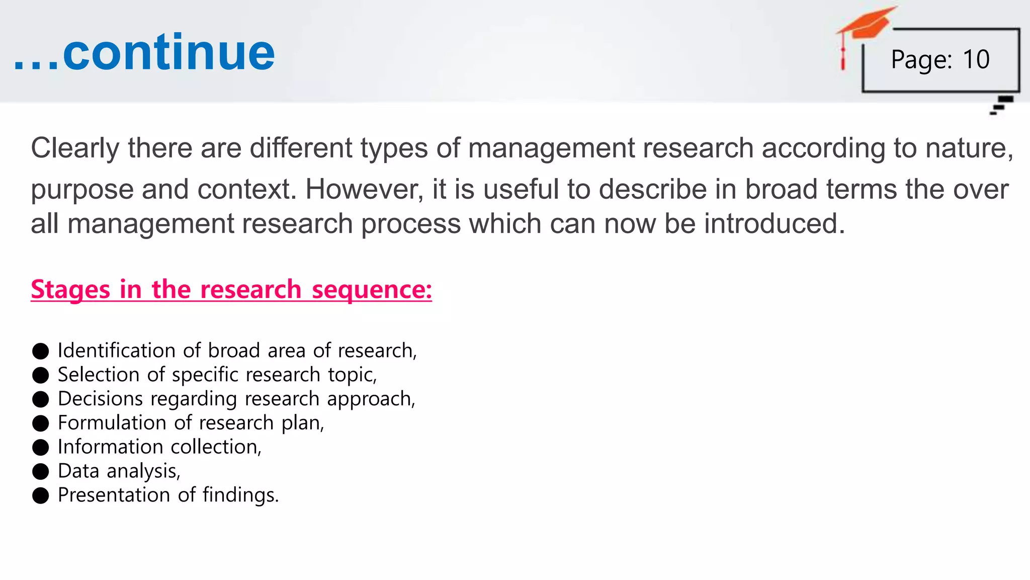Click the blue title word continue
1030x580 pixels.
tap(168, 52)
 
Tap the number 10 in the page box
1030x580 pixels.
tap(976, 59)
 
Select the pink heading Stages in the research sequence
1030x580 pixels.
tap(231, 289)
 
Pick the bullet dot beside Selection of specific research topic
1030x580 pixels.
tap(40, 375)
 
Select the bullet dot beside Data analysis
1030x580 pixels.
tap(40, 472)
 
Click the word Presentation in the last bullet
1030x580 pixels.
tap(114, 495)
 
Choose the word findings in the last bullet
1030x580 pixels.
tap(240, 495)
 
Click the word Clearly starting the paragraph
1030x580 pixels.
tap(75, 149)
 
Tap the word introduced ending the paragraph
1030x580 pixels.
tap(774, 224)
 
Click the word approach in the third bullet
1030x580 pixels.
tap(370, 399)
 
